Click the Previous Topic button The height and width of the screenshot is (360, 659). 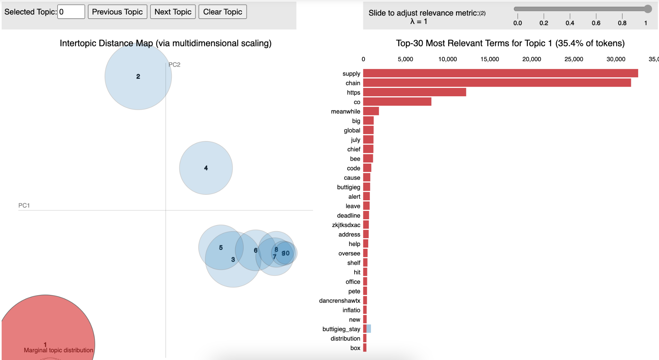pyautogui.click(x=117, y=12)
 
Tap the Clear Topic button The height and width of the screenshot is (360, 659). pyautogui.click(x=222, y=12)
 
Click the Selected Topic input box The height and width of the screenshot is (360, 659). pyautogui.click(x=71, y=12)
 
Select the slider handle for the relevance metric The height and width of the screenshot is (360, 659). pyautogui.click(x=648, y=9)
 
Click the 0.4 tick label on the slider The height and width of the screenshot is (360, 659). pyautogui.click(x=570, y=23)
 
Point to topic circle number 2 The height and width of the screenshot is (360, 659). pyautogui.click(x=138, y=77)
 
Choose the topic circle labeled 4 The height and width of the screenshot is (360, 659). pyautogui.click(x=206, y=168)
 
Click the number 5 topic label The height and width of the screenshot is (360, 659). pyautogui.click(x=221, y=248)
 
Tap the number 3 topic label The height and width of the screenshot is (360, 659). pyautogui.click(x=233, y=260)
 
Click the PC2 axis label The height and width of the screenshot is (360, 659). pyautogui.click(x=174, y=65)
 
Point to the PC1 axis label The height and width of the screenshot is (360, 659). pyautogui.click(x=24, y=205)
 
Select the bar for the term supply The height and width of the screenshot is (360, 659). pyautogui.click(x=500, y=73)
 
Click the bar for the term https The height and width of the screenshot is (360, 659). pyautogui.click(x=414, y=92)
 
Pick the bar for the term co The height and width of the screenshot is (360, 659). pyautogui.click(x=397, y=102)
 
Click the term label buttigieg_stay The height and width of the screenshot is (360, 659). pyautogui.click(x=341, y=329)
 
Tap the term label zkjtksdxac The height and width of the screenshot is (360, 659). pyautogui.click(x=346, y=225)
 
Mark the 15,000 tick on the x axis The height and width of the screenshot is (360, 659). pyautogui.click(x=489, y=59)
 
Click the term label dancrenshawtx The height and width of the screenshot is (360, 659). pyautogui.click(x=339, y=301)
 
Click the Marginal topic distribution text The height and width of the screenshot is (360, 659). pyautogui.click(x=58, y=350)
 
